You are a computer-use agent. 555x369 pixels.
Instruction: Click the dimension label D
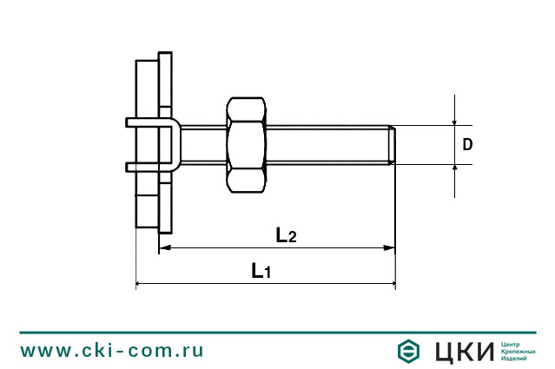(x=467, y=145)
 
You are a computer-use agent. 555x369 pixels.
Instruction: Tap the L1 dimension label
(x=261, y=271)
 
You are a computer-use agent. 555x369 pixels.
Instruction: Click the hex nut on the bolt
(x=247, y=144)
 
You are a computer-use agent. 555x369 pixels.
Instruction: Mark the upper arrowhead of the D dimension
(x=454, y=121)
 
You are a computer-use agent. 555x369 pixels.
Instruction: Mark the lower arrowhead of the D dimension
(x=454, y=168)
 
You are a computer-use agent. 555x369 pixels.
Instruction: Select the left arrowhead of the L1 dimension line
(x=142, y=283)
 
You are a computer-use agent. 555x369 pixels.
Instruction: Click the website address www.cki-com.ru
(x=112, y=350)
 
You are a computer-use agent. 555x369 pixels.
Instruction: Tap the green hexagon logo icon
(x=409, y=351)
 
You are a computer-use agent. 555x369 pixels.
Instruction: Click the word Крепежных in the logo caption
(x=519, y=351)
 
